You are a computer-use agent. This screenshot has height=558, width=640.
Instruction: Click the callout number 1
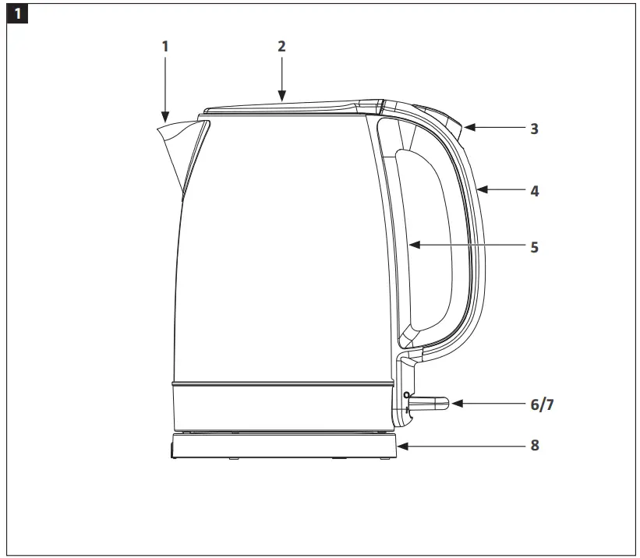164,46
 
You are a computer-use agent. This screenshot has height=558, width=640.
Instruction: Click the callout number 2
282,46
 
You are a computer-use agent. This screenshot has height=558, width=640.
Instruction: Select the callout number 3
534,129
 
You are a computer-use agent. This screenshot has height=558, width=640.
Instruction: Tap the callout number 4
534,190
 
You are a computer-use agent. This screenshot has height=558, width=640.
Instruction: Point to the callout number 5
534,247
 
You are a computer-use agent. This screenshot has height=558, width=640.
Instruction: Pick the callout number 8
534,447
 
